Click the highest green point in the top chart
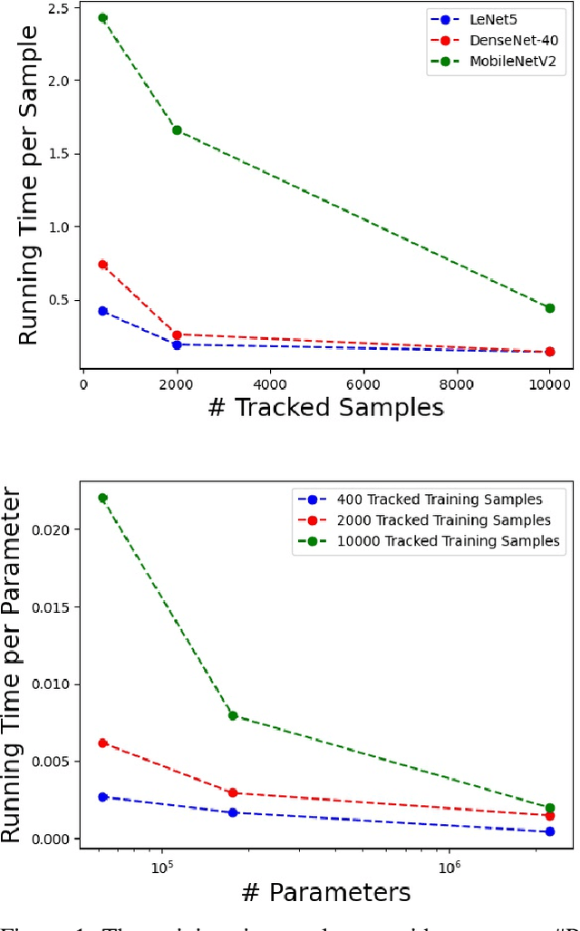(102, 17)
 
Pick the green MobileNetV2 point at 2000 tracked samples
(177, 131)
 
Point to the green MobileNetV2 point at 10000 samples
(550, 308)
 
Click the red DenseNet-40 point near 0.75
(102, 265)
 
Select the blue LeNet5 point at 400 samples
(102, 311)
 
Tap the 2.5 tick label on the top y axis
(61, 8)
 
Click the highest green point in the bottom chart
(102, 498)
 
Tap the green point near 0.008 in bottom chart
(233, 715)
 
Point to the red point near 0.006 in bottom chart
(102, 742)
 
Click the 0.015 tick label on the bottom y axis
(53, 606)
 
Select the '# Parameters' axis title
(325, 892)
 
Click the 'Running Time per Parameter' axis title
(13, 666)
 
